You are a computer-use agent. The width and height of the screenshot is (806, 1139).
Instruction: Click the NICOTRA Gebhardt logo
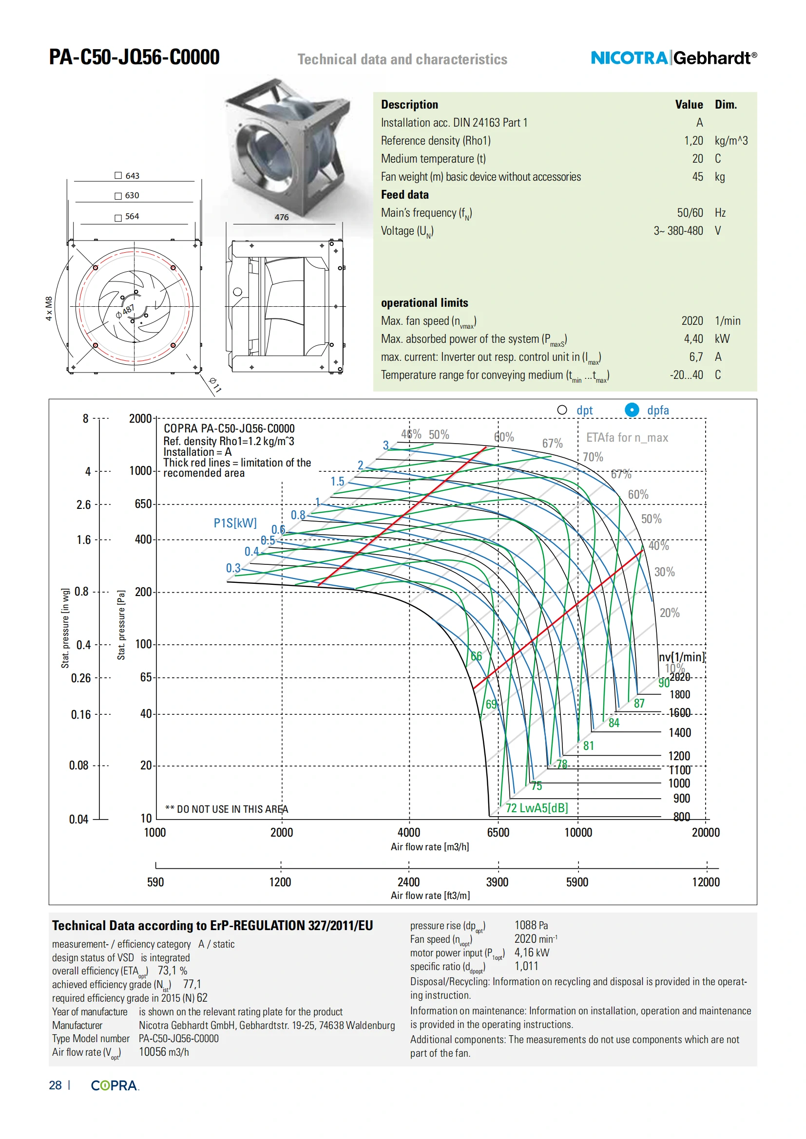tap(673, 58)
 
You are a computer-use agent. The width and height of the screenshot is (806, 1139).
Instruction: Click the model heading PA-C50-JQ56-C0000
tap(134, 57)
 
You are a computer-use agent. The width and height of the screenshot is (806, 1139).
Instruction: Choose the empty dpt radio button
tap(562, 410)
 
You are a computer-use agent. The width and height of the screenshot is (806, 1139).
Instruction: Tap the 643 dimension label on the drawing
tap(132, 176)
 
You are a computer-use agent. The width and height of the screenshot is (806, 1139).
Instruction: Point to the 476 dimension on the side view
tap(281, 217)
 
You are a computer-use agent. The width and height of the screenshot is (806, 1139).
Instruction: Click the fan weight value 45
tap(697, 177)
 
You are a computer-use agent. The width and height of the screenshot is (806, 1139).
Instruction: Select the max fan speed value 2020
tap(692, 321)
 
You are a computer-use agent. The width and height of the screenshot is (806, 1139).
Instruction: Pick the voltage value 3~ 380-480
tap(678, 231)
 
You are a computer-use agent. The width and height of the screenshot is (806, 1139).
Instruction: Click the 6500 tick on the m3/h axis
tap(498, 832)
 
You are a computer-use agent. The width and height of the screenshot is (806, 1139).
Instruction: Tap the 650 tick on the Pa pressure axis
tap(143, 504)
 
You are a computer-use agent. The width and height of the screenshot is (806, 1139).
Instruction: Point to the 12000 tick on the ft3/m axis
tap(705, 882)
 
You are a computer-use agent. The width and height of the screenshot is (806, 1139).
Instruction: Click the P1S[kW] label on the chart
tap(235, 523)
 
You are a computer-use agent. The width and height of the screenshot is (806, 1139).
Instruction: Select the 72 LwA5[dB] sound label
tap(537, 807)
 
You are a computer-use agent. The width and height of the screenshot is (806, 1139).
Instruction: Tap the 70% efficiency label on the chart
tap(593, 457)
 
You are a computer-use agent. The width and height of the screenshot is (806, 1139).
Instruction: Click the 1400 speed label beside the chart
tap(679, 733)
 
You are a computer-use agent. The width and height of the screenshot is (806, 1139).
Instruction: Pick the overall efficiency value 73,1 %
tap(172, 971)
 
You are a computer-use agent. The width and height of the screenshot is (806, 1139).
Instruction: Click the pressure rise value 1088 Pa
tap(531, 925)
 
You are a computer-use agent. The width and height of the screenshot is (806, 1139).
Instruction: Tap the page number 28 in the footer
tap(55, 1085)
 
